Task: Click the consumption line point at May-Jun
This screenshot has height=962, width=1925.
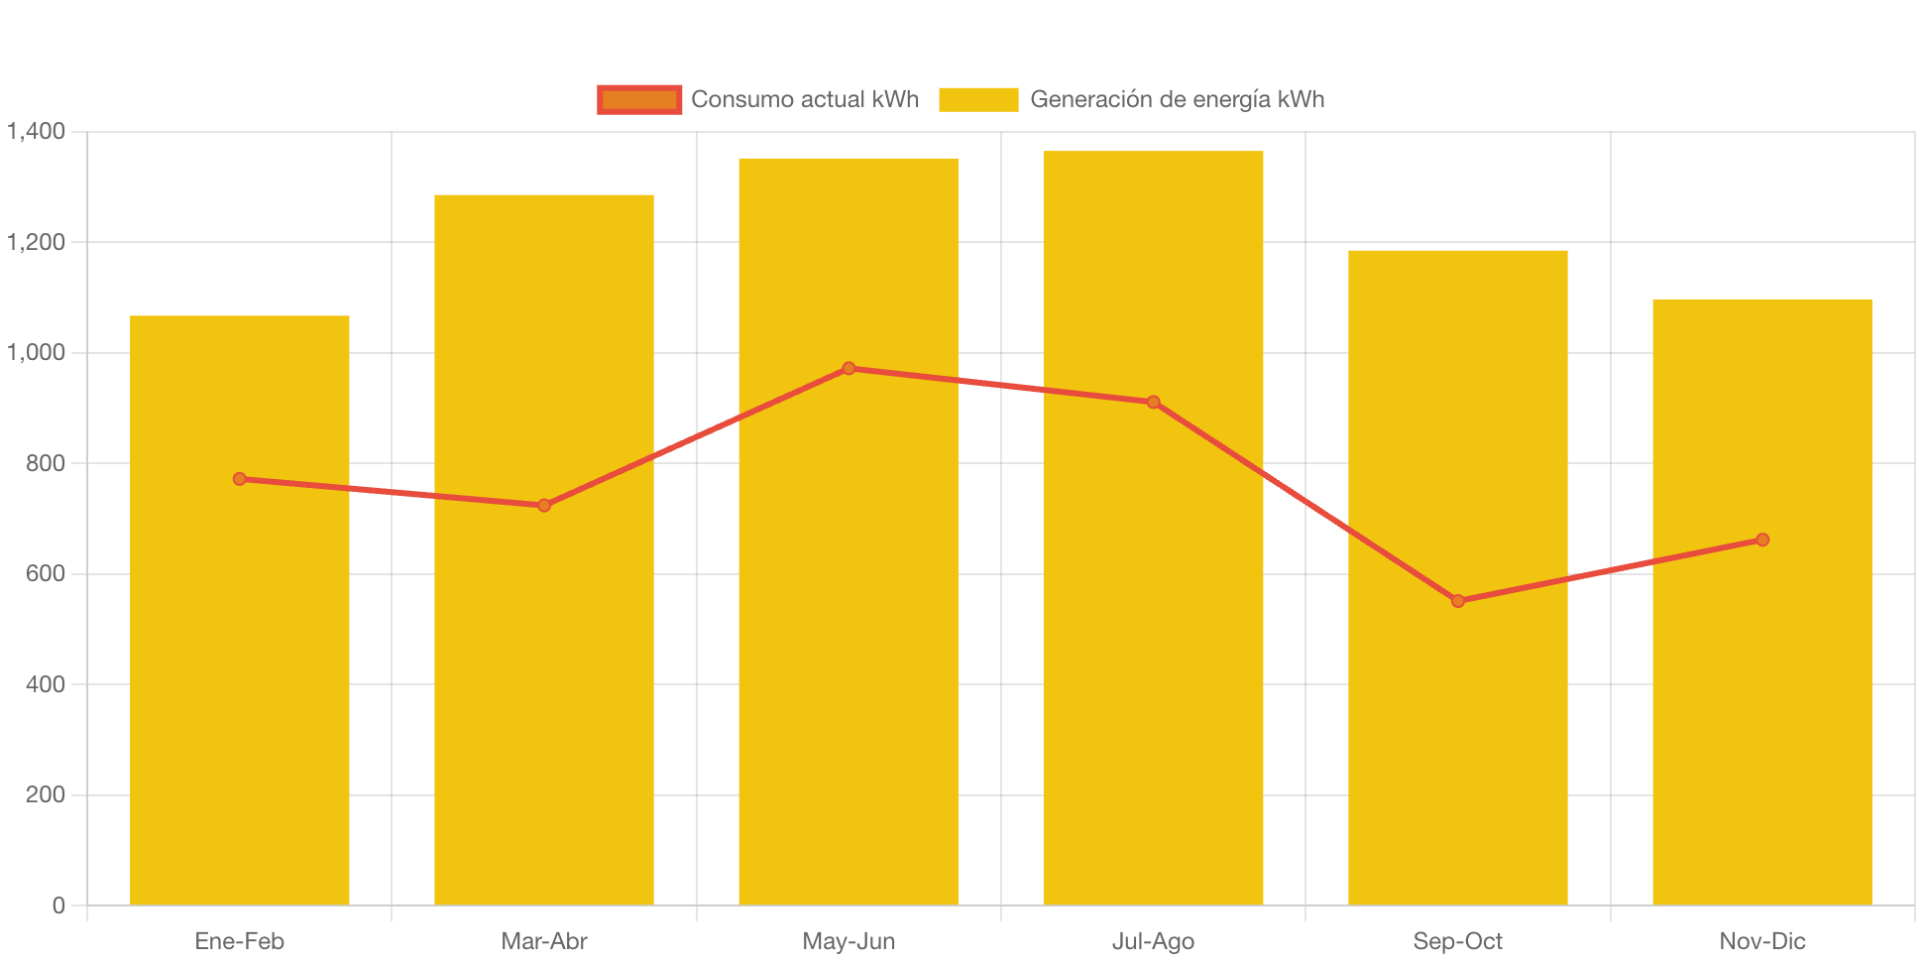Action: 849,369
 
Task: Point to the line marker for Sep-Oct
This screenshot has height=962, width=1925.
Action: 1457,601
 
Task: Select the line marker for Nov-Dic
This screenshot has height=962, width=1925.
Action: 1762,540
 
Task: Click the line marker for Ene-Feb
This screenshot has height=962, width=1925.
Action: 240,479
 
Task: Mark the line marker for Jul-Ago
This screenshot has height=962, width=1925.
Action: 1153,403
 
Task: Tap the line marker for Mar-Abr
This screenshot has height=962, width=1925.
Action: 544,506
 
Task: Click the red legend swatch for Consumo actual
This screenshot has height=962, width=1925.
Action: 639,99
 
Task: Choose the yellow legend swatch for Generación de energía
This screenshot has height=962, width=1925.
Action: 978,99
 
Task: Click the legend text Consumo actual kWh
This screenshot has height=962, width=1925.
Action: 805,99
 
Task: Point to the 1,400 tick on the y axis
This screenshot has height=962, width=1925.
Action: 37,131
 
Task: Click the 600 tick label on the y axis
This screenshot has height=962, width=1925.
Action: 46,573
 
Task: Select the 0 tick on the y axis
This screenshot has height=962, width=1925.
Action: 58,905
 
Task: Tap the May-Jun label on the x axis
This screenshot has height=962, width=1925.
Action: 849,941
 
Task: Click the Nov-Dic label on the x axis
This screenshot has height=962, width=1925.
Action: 1762,941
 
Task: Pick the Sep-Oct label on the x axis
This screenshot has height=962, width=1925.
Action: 1457,941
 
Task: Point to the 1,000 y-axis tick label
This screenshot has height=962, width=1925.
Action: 37,352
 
